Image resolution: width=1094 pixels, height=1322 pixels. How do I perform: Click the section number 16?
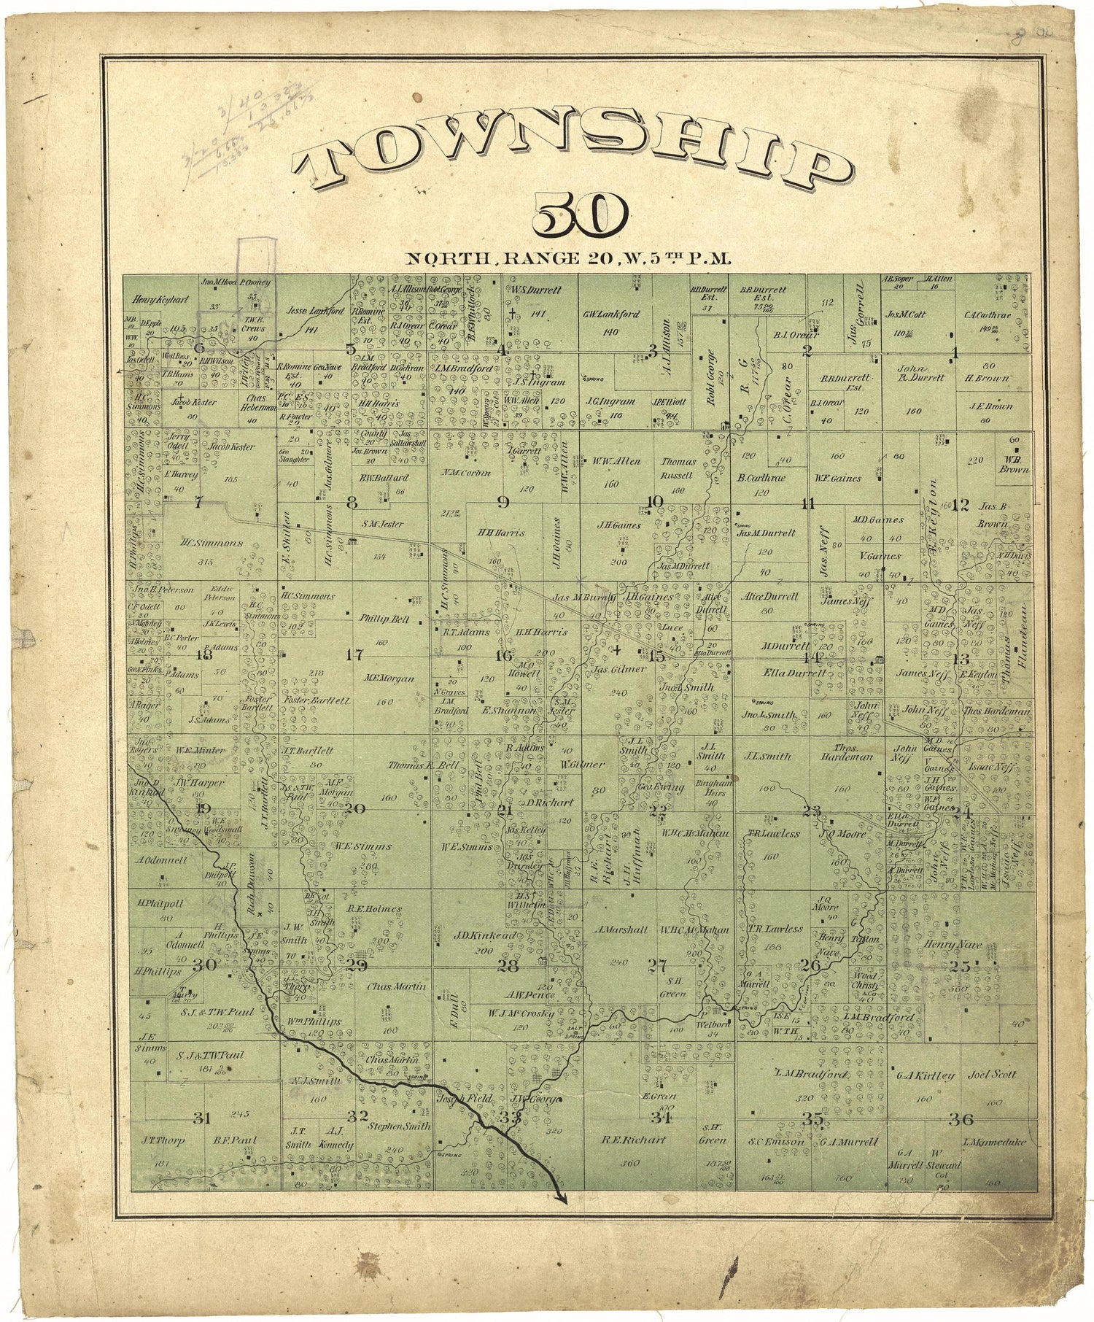coord(504,655)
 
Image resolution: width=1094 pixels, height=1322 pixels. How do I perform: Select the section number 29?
coord(357,966)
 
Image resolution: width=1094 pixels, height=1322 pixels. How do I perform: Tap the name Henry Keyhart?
coord(151,299)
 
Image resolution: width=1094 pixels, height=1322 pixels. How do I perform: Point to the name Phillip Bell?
coord(384,619)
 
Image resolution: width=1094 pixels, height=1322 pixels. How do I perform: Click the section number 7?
coord(197,502)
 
